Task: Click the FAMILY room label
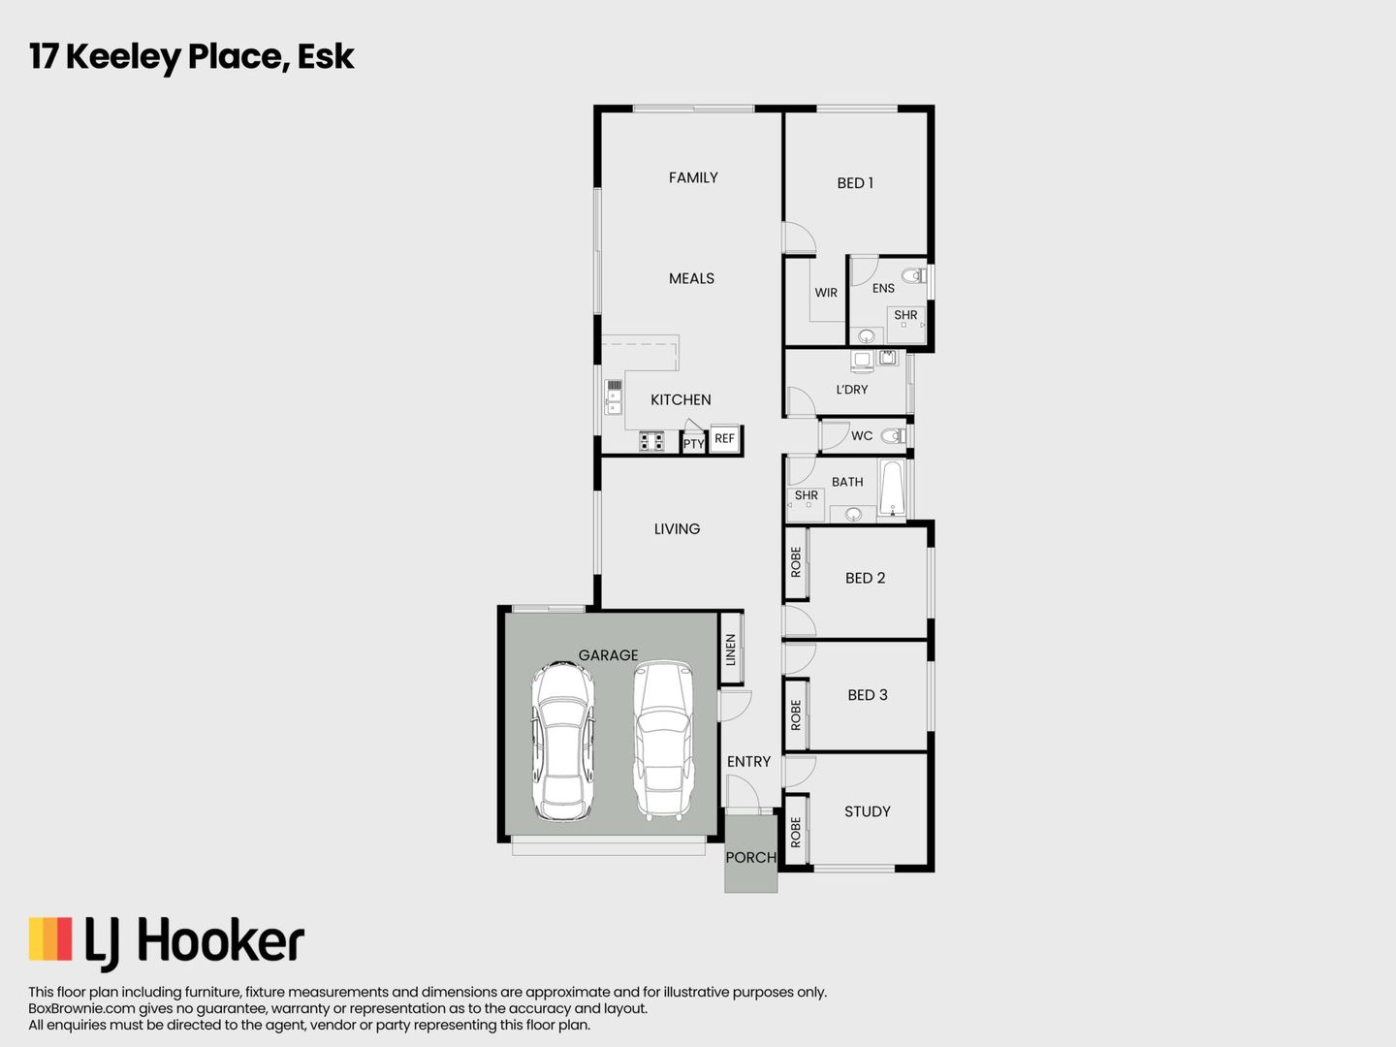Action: [693, 177]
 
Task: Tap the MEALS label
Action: [691, 278]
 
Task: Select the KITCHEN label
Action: [681, 399]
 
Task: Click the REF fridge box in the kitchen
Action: [724, 438]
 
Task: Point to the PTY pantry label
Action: [693, 444]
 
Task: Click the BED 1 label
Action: [855, 183]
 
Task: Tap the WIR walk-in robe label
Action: [826, 293]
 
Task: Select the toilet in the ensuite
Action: [913, 275]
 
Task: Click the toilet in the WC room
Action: [894, 436]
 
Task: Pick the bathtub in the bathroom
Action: [892, 489]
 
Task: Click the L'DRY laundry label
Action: [852, 390]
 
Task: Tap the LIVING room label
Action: [677, 529]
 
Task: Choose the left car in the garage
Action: [562, 742]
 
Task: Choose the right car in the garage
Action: [663, 740]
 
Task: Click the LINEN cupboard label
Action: [731, 650]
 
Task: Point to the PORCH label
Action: [750, 857]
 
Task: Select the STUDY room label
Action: [867, 811]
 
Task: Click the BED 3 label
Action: [867, 695]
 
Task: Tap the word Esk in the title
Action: [326, 56]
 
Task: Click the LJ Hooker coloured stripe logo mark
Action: [50, 939]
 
